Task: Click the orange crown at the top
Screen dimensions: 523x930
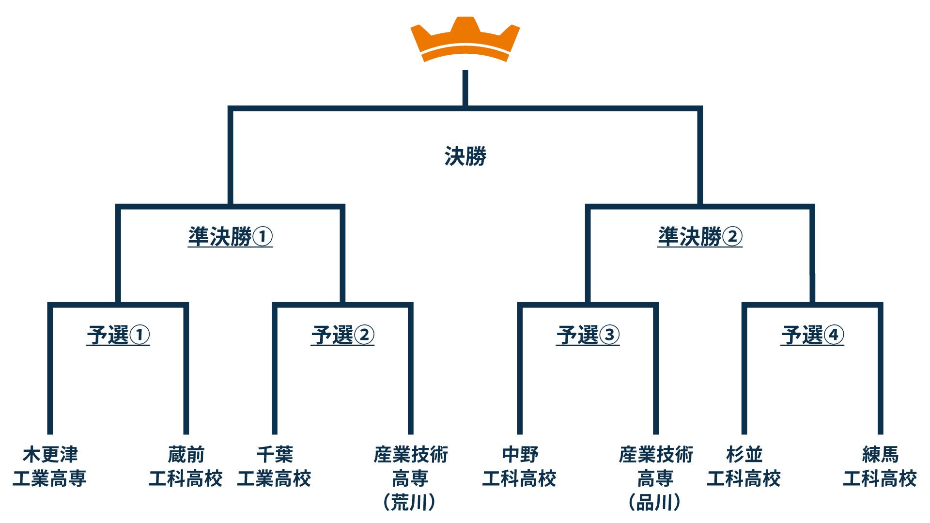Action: coord(465,40)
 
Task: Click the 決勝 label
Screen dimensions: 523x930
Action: coord(465,156)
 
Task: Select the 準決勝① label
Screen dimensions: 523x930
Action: coord(230,237)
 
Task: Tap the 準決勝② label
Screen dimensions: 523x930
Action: coord(700,237)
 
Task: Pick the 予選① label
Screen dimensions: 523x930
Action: coord(118,335)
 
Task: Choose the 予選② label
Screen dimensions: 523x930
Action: coord(342,335)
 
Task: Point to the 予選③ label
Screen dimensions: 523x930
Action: coord(588,335)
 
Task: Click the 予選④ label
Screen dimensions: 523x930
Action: coord(812,335)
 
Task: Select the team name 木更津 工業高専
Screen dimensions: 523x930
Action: coord(49,466)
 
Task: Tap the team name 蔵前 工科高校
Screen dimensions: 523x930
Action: coord(186,466)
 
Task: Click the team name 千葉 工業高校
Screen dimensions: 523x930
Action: coord(274,466)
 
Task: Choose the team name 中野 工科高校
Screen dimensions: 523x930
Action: coord(519,466)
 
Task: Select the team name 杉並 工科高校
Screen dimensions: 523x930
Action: coord(744,466)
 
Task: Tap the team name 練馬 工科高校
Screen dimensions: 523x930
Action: coord(880,466)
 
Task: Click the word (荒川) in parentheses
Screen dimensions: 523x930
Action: coord(410,503)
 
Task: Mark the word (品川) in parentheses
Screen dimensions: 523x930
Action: coord(655,503)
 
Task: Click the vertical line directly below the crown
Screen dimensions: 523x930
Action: coord(465,88)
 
